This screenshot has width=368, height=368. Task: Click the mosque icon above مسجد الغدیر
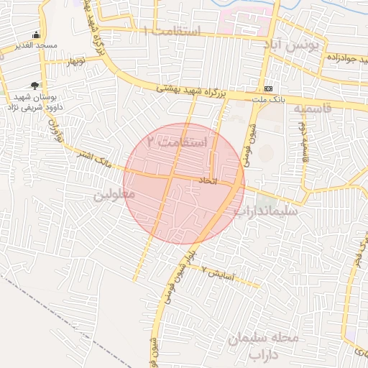(x=37, y=35)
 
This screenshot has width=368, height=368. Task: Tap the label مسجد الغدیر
(x=37, y=47)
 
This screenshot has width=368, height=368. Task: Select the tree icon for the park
(x=34, y=86)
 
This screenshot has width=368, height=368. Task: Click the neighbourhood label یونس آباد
(x=291, y=46)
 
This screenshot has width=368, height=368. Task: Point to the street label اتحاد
(x=206, y=182)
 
